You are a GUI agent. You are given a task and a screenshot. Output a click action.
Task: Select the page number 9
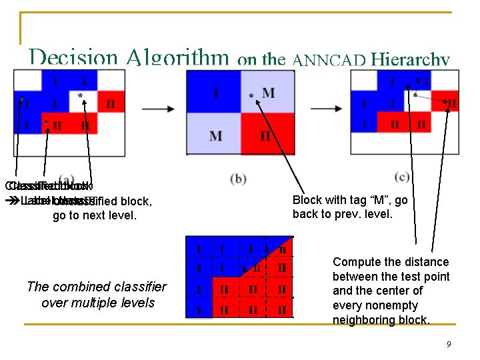tap(449, 344)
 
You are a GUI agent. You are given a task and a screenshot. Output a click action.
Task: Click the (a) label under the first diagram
tap(67, 178)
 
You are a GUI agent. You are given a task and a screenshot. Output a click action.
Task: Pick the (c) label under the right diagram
tap(402, 177)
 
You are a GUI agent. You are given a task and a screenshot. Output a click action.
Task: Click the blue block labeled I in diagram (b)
tap(215, 92)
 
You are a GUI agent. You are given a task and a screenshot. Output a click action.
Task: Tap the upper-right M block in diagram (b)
tap(268, 92)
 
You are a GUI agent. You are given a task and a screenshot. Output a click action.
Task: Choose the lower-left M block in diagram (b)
tap(215, 135)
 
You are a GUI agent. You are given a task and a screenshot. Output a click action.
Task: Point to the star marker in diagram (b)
tap(251, 96)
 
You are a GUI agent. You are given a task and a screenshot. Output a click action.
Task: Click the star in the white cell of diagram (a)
tap(81, 96)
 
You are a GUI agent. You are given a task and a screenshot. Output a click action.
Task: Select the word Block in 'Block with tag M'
tap(307, 200)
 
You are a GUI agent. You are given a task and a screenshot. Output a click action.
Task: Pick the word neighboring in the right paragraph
tap(365, 320)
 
